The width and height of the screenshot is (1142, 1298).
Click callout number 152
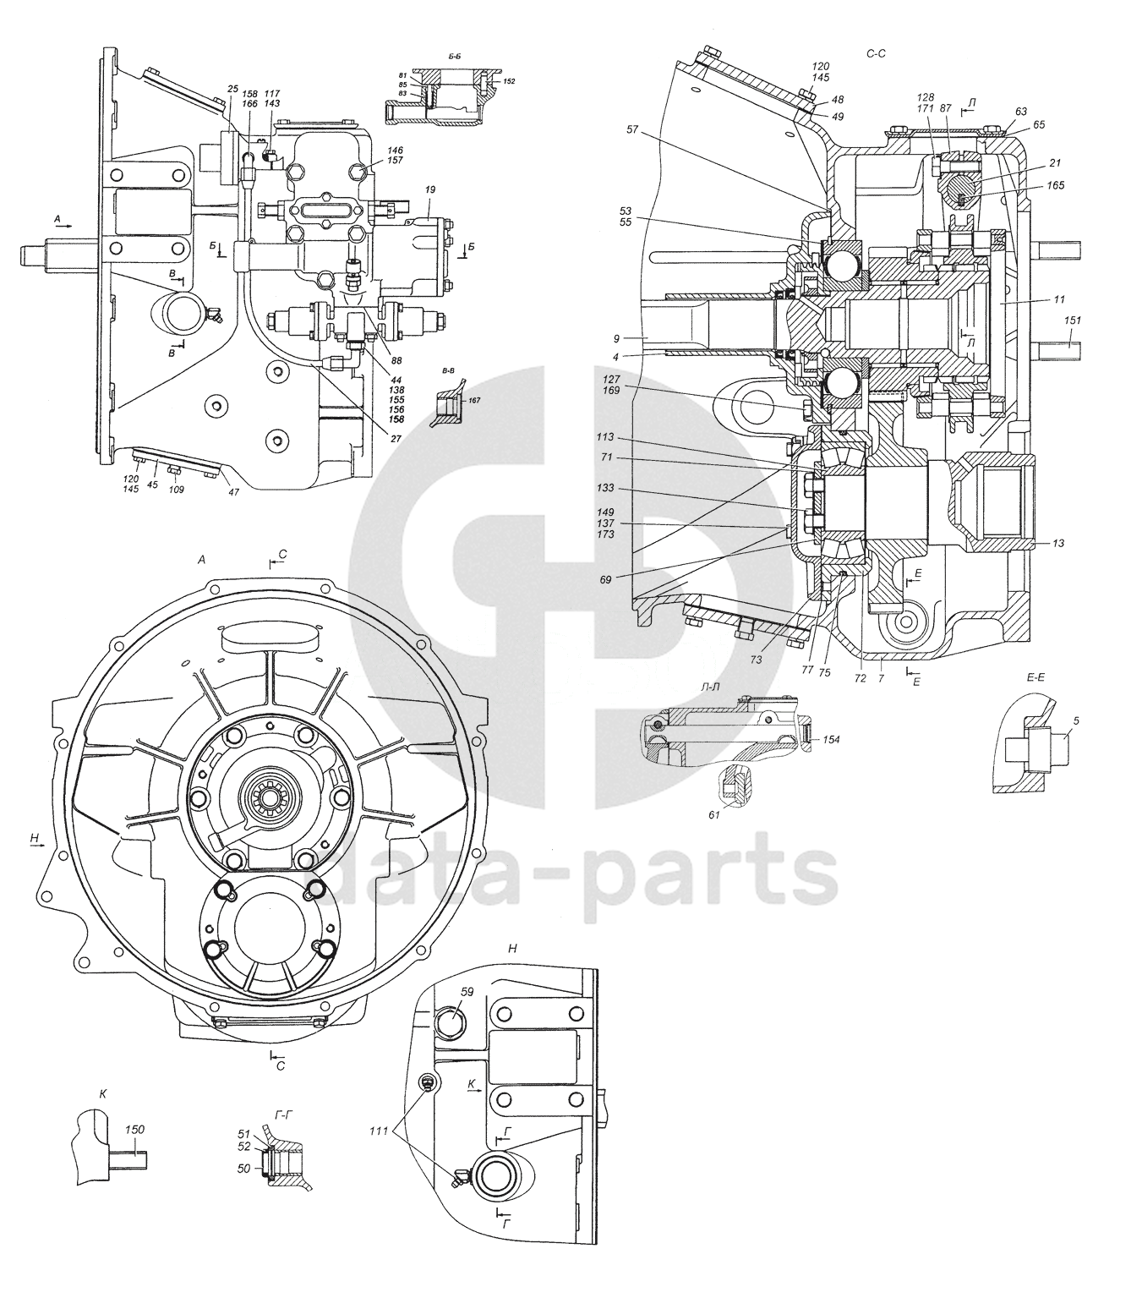coord(508,81)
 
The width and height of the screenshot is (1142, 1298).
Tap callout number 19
coord(429,191)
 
